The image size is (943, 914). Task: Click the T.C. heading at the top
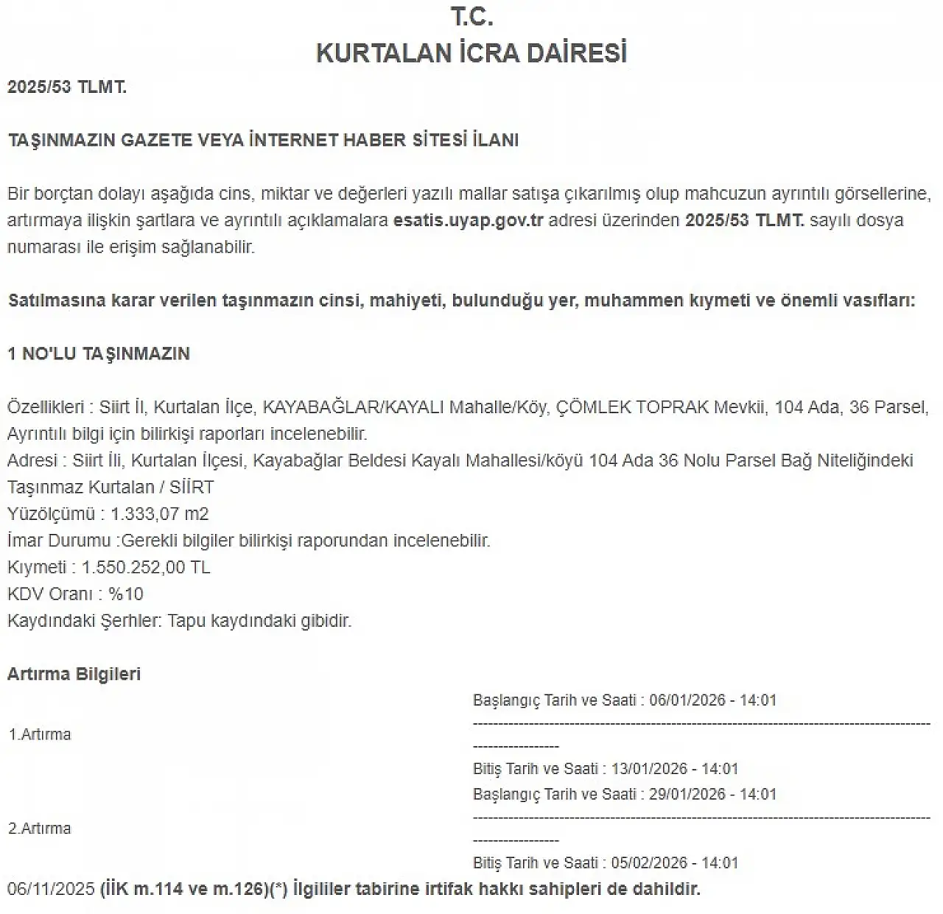pos(471,17)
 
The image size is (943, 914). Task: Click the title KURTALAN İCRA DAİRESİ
pos(471,53)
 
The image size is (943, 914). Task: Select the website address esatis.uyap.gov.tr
pos(468,220)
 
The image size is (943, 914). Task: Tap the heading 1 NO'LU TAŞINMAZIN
pos(99,354)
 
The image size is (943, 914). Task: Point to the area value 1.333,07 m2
pos(160,514)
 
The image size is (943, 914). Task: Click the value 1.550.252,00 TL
pos(146,567)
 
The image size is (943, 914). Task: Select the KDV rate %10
pos(126,594)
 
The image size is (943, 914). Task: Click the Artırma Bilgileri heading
pos(74,674)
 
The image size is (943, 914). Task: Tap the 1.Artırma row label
pos(40,734)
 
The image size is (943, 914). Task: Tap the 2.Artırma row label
pos(40,829)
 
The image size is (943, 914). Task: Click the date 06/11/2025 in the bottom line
pos(51,890)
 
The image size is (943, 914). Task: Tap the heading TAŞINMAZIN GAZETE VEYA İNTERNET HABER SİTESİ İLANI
pos(263,140)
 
